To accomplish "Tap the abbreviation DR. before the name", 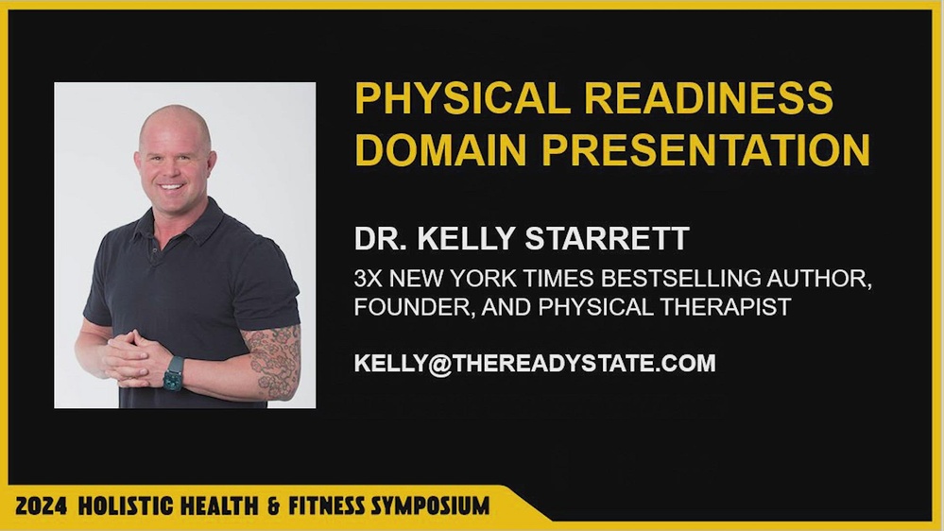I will (376, 238).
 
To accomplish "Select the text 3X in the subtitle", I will (369, 281).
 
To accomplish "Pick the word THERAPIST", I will (721, 308).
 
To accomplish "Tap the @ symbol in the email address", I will (439, 363).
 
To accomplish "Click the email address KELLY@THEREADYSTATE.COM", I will (535, 363).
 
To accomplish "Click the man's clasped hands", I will (129, 356).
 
